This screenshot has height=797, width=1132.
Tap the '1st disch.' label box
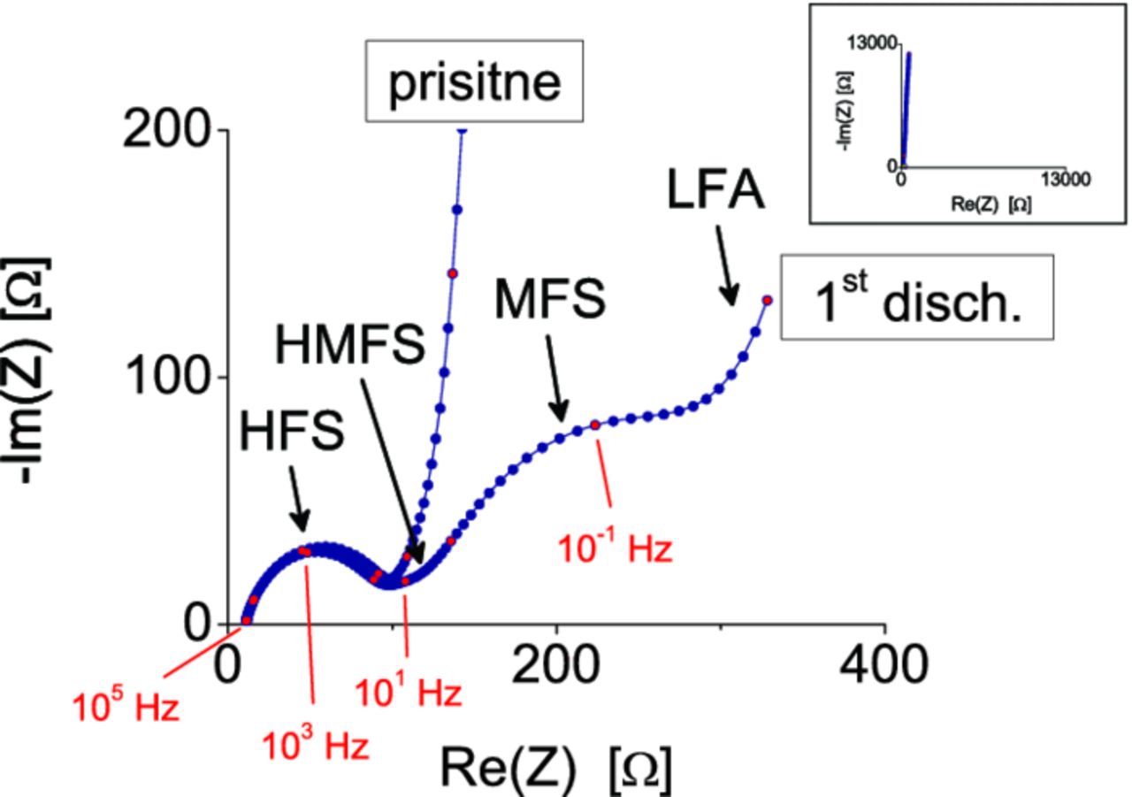[917, 297]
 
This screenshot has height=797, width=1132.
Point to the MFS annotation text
[550, 301]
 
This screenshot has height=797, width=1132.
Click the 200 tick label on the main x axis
[555, 664]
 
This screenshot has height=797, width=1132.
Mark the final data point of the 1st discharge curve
[768, 300]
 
